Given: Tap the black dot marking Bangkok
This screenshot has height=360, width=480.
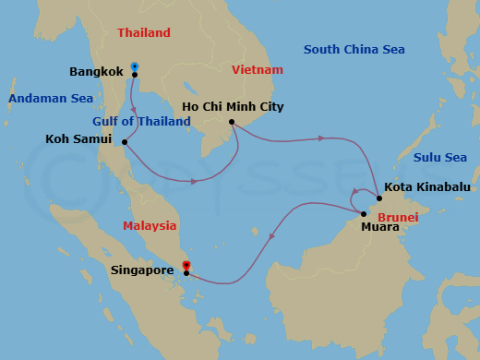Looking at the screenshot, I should (x=135, y=75).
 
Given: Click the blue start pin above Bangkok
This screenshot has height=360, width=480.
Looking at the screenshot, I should (x=135, y=66).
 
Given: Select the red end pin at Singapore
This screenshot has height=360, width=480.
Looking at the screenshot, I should (x=186, y=267).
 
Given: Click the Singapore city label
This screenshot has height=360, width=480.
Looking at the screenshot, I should (x=143, y=270).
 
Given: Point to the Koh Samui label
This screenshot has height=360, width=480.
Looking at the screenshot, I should (x=78, y=139).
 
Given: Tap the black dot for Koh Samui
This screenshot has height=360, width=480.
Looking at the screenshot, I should (x=125, y=141).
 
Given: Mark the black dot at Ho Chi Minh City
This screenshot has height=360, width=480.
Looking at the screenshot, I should (x=231, y=121).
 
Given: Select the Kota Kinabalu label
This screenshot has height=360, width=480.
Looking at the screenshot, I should (x=426, y=186).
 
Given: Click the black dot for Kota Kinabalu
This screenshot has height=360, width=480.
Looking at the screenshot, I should (x=379, y=198).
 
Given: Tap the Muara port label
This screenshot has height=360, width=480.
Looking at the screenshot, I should (x=379, y=226).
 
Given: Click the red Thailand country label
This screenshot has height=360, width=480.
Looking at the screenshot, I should (x=144, y=33).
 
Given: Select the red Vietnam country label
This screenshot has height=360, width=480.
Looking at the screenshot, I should (x=258, y=69).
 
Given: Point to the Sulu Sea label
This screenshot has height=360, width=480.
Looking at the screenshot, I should (x=440, y=158).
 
